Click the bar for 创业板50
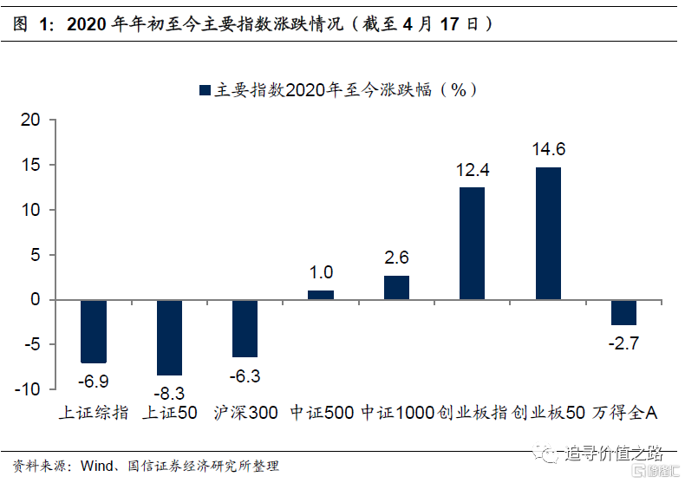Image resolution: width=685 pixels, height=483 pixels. [x=548, y=232]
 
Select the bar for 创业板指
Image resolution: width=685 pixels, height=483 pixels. [x=472, y=243]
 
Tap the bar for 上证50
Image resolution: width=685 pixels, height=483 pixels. [x=169, y=337]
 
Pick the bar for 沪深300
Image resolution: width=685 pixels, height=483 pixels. [x=245, y=328]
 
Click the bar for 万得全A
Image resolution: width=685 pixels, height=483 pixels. [x=623, y=312]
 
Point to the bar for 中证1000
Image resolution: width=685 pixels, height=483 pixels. [x=396, y=288]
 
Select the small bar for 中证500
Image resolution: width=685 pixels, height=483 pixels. [x=321, y=295]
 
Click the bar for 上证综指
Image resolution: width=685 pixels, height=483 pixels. [x=94, y=331]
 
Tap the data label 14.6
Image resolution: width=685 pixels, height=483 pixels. [x=549, y=148]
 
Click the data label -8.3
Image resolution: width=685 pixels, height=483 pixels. [x=169, y=394]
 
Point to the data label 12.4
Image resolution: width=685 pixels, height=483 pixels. [x=473, y=170]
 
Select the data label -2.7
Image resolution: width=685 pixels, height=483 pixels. [x=623, y=344]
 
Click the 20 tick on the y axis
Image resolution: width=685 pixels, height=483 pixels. [x=31, y=121]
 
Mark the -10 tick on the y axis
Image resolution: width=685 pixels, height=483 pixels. [x=28, y=390]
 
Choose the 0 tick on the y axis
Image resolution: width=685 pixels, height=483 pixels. [x=36, y=300]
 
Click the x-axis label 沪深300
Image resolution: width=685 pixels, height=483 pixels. [x=245, y=413]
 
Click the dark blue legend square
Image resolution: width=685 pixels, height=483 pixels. [x=205, y=90]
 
